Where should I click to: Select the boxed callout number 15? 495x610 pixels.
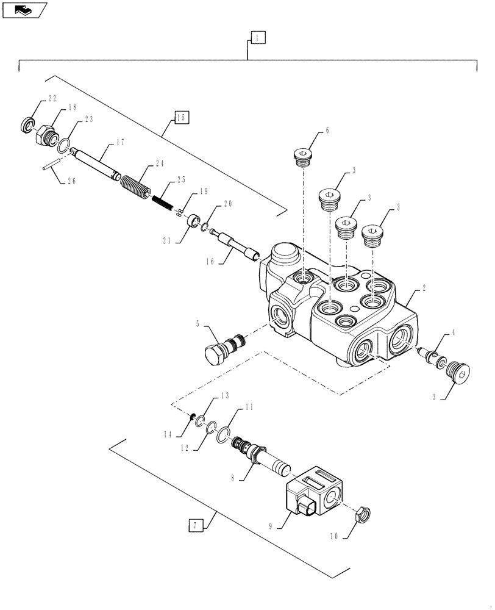pos(181,118)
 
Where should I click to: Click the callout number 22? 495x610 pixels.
pos(52,99)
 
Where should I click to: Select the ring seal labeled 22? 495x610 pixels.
pos(28,126)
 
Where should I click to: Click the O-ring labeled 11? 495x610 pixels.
pos(224,434)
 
